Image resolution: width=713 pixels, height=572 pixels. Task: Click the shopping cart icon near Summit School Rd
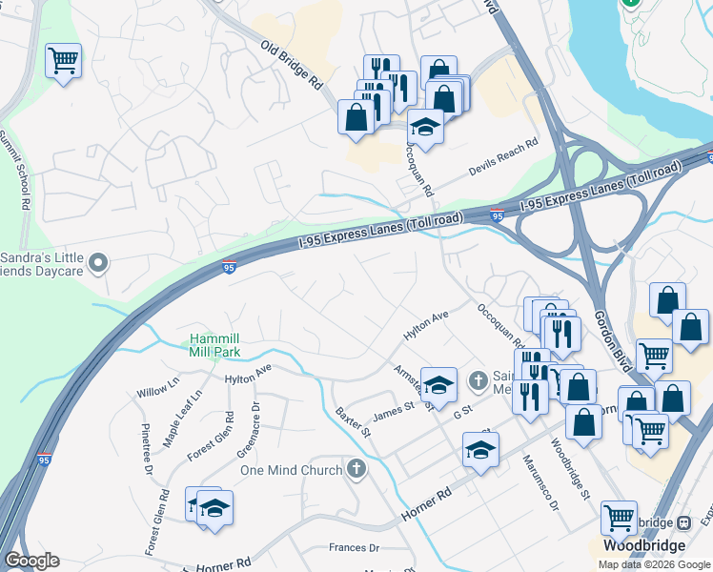[63, 62]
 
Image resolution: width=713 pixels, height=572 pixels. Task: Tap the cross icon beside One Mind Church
[356, 468]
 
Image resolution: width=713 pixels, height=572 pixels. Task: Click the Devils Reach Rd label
[503, 158]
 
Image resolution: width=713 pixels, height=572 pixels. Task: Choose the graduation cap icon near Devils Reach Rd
[425, 126]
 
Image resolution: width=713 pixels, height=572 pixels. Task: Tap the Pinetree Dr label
[147, 448]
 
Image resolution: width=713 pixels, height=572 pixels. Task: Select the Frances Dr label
[354, 548]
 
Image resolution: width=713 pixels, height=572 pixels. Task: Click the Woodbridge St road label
[571, 468]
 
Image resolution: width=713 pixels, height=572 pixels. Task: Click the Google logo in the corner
[31, 561]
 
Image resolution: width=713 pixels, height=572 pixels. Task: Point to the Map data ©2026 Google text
[653, 564]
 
